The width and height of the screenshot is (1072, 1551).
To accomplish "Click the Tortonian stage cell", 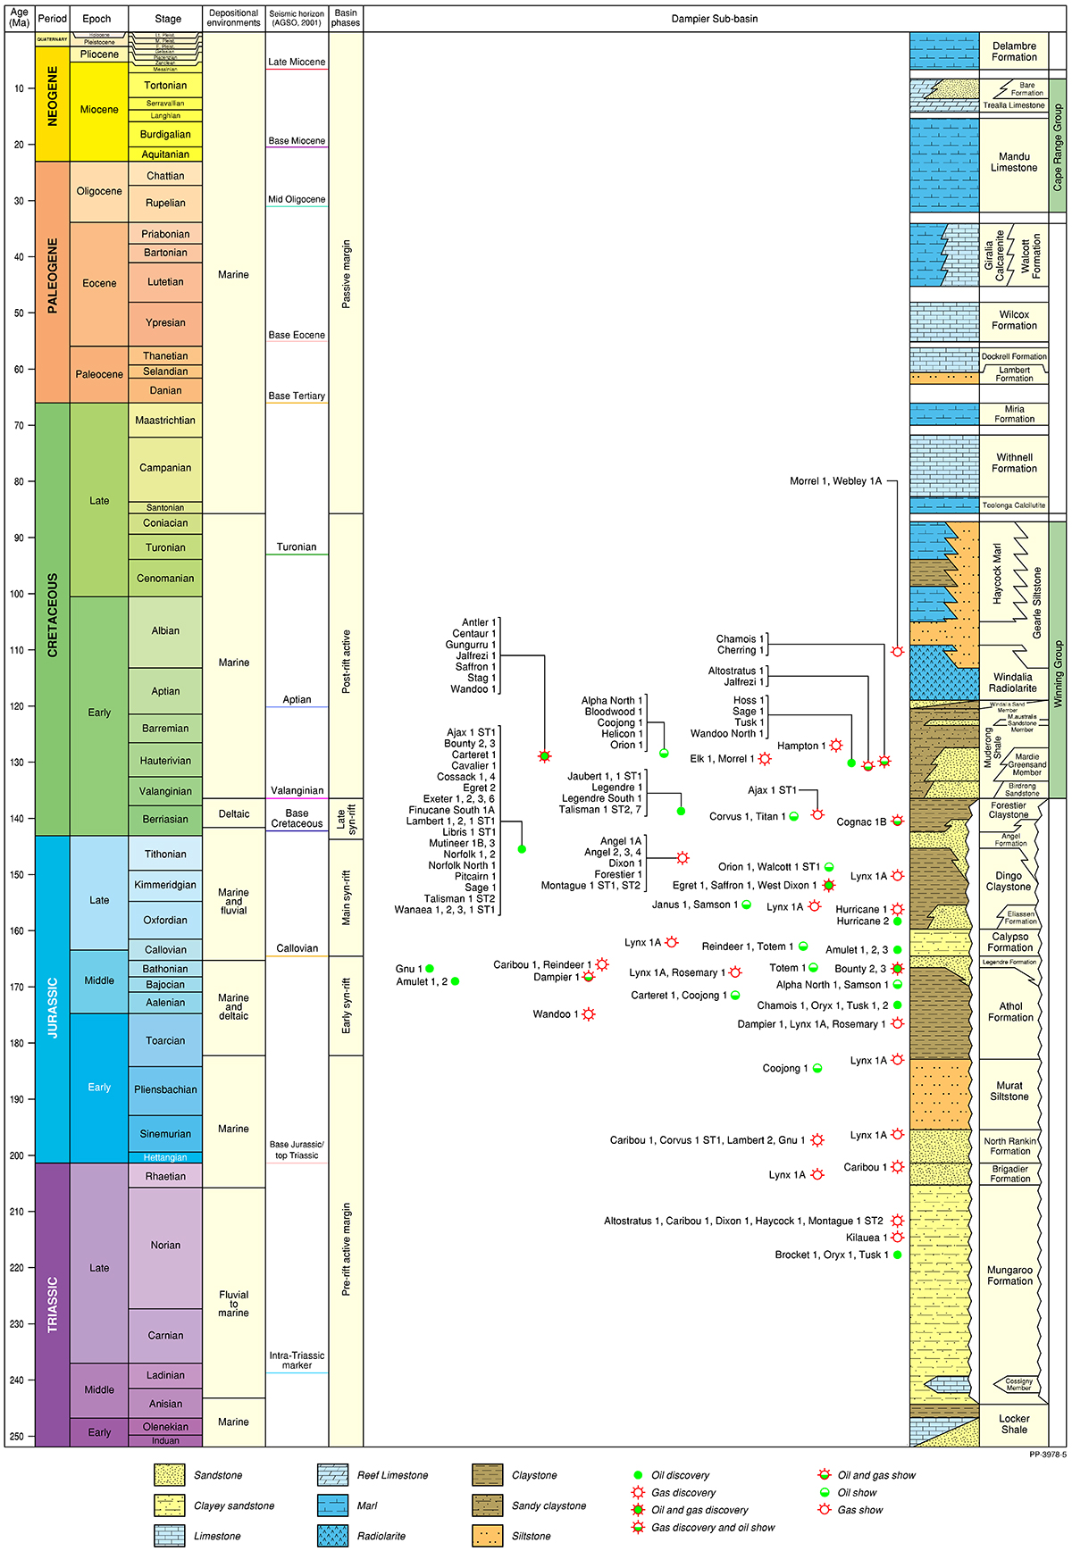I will point(165,86).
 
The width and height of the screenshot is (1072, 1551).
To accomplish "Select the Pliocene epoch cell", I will point(99,54).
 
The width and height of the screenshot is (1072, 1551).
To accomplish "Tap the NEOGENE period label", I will point(53,96).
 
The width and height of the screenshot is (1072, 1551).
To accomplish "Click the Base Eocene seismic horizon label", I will point(297,335).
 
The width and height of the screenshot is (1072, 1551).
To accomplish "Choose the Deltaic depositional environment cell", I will point(234,813).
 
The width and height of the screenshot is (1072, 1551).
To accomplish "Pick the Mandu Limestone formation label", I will point(1014,162).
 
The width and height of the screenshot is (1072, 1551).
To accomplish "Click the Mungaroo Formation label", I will point(1010,1275).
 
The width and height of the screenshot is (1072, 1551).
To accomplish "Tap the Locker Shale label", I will point(1014,1423).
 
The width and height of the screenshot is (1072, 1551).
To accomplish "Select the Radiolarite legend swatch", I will point(333,1536).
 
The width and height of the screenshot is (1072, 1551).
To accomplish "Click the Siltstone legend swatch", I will point(488,1536).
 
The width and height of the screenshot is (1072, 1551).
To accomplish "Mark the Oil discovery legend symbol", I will point(638,1475).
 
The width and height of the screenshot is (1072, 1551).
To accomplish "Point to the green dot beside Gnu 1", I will point(430,968).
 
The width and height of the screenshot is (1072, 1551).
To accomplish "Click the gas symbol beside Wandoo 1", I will point(589,1014).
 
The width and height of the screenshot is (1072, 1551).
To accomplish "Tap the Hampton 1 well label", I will point(798,746).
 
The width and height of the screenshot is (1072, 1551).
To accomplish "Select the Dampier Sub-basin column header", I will point(715,19).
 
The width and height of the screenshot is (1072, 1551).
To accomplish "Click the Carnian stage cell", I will point(165,1336).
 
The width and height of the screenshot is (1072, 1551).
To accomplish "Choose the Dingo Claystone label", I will point(1009,881).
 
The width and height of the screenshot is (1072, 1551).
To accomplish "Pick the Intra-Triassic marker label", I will point(297,1360).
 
